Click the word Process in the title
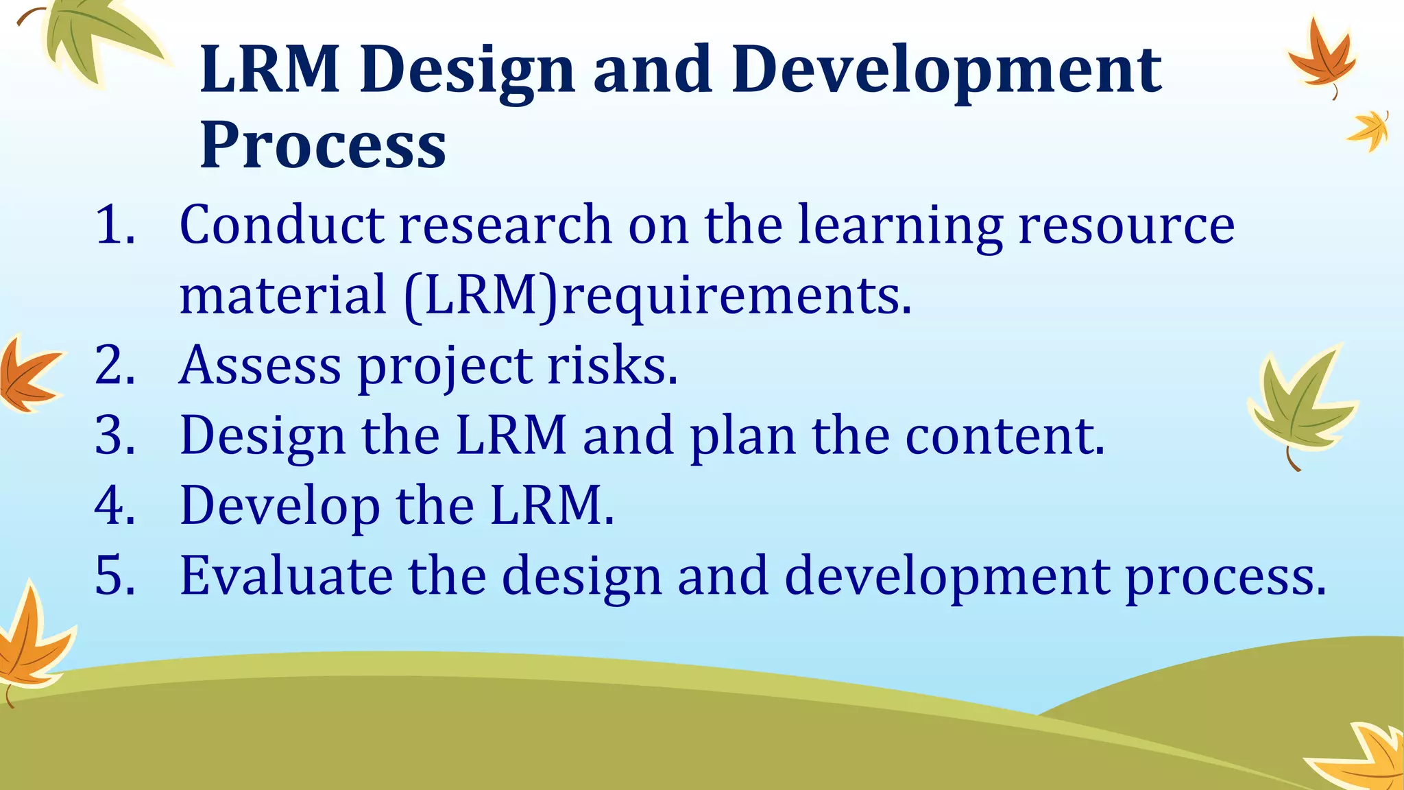click(322, 146)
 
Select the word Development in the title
click(946, 71)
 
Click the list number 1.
click(114, 225)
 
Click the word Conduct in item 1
click(281, 225)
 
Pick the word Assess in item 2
click(260, 365)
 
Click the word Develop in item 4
click(280, 505)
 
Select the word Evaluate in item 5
click(286, 575)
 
